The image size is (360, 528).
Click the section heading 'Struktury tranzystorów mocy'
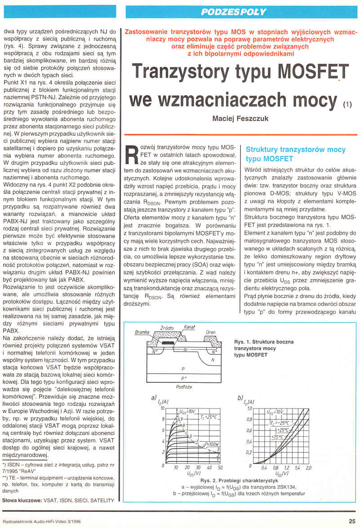tap(296, 150)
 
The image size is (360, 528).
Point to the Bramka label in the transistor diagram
tap(142, 332)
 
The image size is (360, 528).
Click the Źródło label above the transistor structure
tap(167, 328)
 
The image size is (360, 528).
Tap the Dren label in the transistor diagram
tap(210, 333)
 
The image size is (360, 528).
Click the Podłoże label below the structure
tap(184, 386)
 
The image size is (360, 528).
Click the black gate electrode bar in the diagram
tap(167, 343)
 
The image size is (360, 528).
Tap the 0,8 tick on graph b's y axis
tap(250, 419)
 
